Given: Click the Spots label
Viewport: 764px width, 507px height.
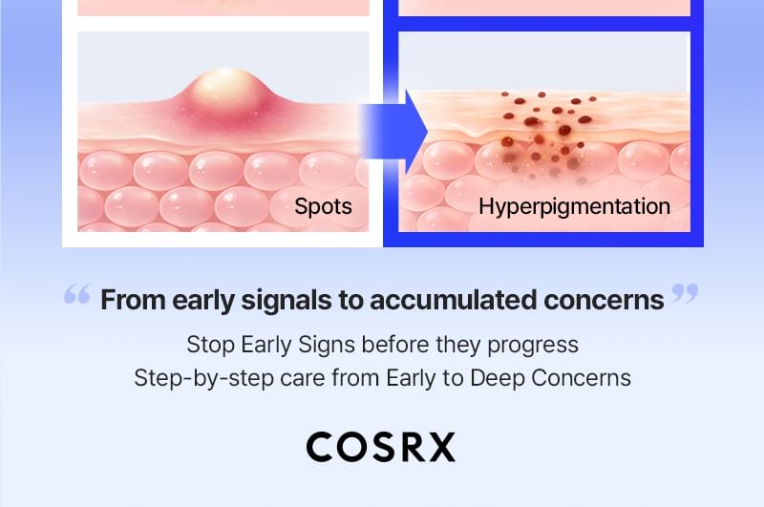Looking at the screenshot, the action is point(323,206).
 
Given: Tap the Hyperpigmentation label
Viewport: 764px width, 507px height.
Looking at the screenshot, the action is point(575,206).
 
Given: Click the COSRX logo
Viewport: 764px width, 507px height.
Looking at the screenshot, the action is point(381,447).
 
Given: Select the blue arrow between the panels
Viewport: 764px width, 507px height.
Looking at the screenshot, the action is point(393,132).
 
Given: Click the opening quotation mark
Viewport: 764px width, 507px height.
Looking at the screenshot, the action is point(77,294).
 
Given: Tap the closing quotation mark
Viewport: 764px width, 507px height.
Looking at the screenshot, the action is point(685,294).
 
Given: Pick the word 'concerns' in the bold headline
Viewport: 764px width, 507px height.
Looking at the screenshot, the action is point(604,300).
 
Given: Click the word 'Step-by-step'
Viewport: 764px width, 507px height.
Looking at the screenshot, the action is point(203,378).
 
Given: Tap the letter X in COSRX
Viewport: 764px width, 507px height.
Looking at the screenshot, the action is point(442,447).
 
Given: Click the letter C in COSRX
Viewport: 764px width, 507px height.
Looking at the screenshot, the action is point(320,447).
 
